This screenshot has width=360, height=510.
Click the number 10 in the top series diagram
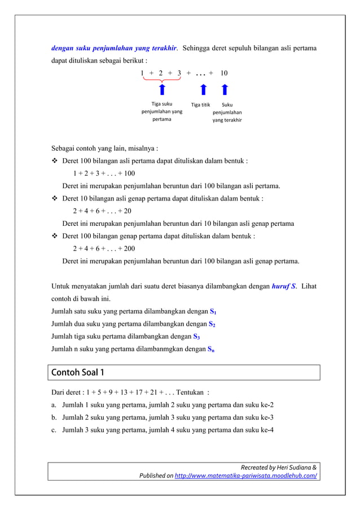(x=224, y=73)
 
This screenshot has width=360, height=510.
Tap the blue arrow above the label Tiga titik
(x=203, y=91)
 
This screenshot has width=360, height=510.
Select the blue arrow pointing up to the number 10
(x=225, y=91)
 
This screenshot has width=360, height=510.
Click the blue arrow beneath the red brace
(x=162, y=90)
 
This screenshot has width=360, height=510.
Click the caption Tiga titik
(x=200, y=104)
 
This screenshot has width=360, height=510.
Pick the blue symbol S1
(x=213, y=312)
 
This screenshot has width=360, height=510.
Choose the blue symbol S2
(x=212, y=324)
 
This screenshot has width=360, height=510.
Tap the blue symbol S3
(x=196, y=337)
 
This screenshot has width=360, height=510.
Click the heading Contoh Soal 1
(x=78, y=373)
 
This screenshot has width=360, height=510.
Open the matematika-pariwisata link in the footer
(x=245, y=476)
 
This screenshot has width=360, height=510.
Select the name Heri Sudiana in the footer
(x=293, y=467)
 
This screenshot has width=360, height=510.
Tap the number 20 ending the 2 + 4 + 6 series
(x=128, y=211)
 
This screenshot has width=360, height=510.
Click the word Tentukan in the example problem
(x=190, y=392)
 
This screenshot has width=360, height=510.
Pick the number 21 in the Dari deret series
(x=152, y=392)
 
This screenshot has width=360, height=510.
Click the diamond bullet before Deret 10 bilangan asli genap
(x=55, y=199)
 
